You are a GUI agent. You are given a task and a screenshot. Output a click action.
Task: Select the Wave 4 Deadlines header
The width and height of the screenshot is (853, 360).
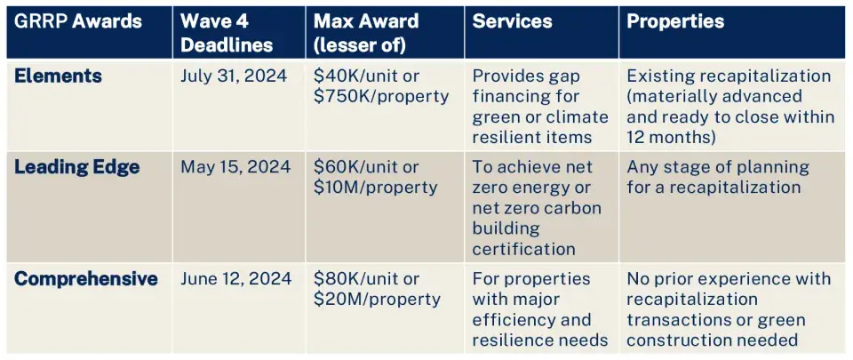(226, 33)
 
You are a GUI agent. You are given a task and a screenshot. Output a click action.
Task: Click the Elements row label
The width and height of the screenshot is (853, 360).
(58, 76)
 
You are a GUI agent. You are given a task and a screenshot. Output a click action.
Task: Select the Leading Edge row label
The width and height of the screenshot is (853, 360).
(76, 168)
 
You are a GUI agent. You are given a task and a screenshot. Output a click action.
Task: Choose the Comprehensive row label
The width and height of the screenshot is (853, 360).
(85, 279)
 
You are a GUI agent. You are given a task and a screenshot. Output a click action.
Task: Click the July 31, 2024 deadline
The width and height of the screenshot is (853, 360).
(234, 76)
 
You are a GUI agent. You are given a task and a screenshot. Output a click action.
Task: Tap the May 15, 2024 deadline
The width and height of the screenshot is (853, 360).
(235, 168)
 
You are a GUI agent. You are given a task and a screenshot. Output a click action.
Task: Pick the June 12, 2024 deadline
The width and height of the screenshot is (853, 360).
(235, 279)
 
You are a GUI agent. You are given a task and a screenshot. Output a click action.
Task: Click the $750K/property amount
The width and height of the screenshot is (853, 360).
(381, 97)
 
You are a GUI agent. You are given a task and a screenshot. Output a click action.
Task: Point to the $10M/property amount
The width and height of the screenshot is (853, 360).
(375, 188)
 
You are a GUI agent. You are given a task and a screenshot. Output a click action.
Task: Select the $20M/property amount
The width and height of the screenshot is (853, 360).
(377, 300)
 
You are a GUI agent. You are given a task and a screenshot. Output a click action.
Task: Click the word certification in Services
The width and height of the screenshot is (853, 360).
(523, 250)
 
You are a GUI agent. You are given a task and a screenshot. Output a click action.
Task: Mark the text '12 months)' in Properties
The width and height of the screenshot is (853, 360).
(670, 137)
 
